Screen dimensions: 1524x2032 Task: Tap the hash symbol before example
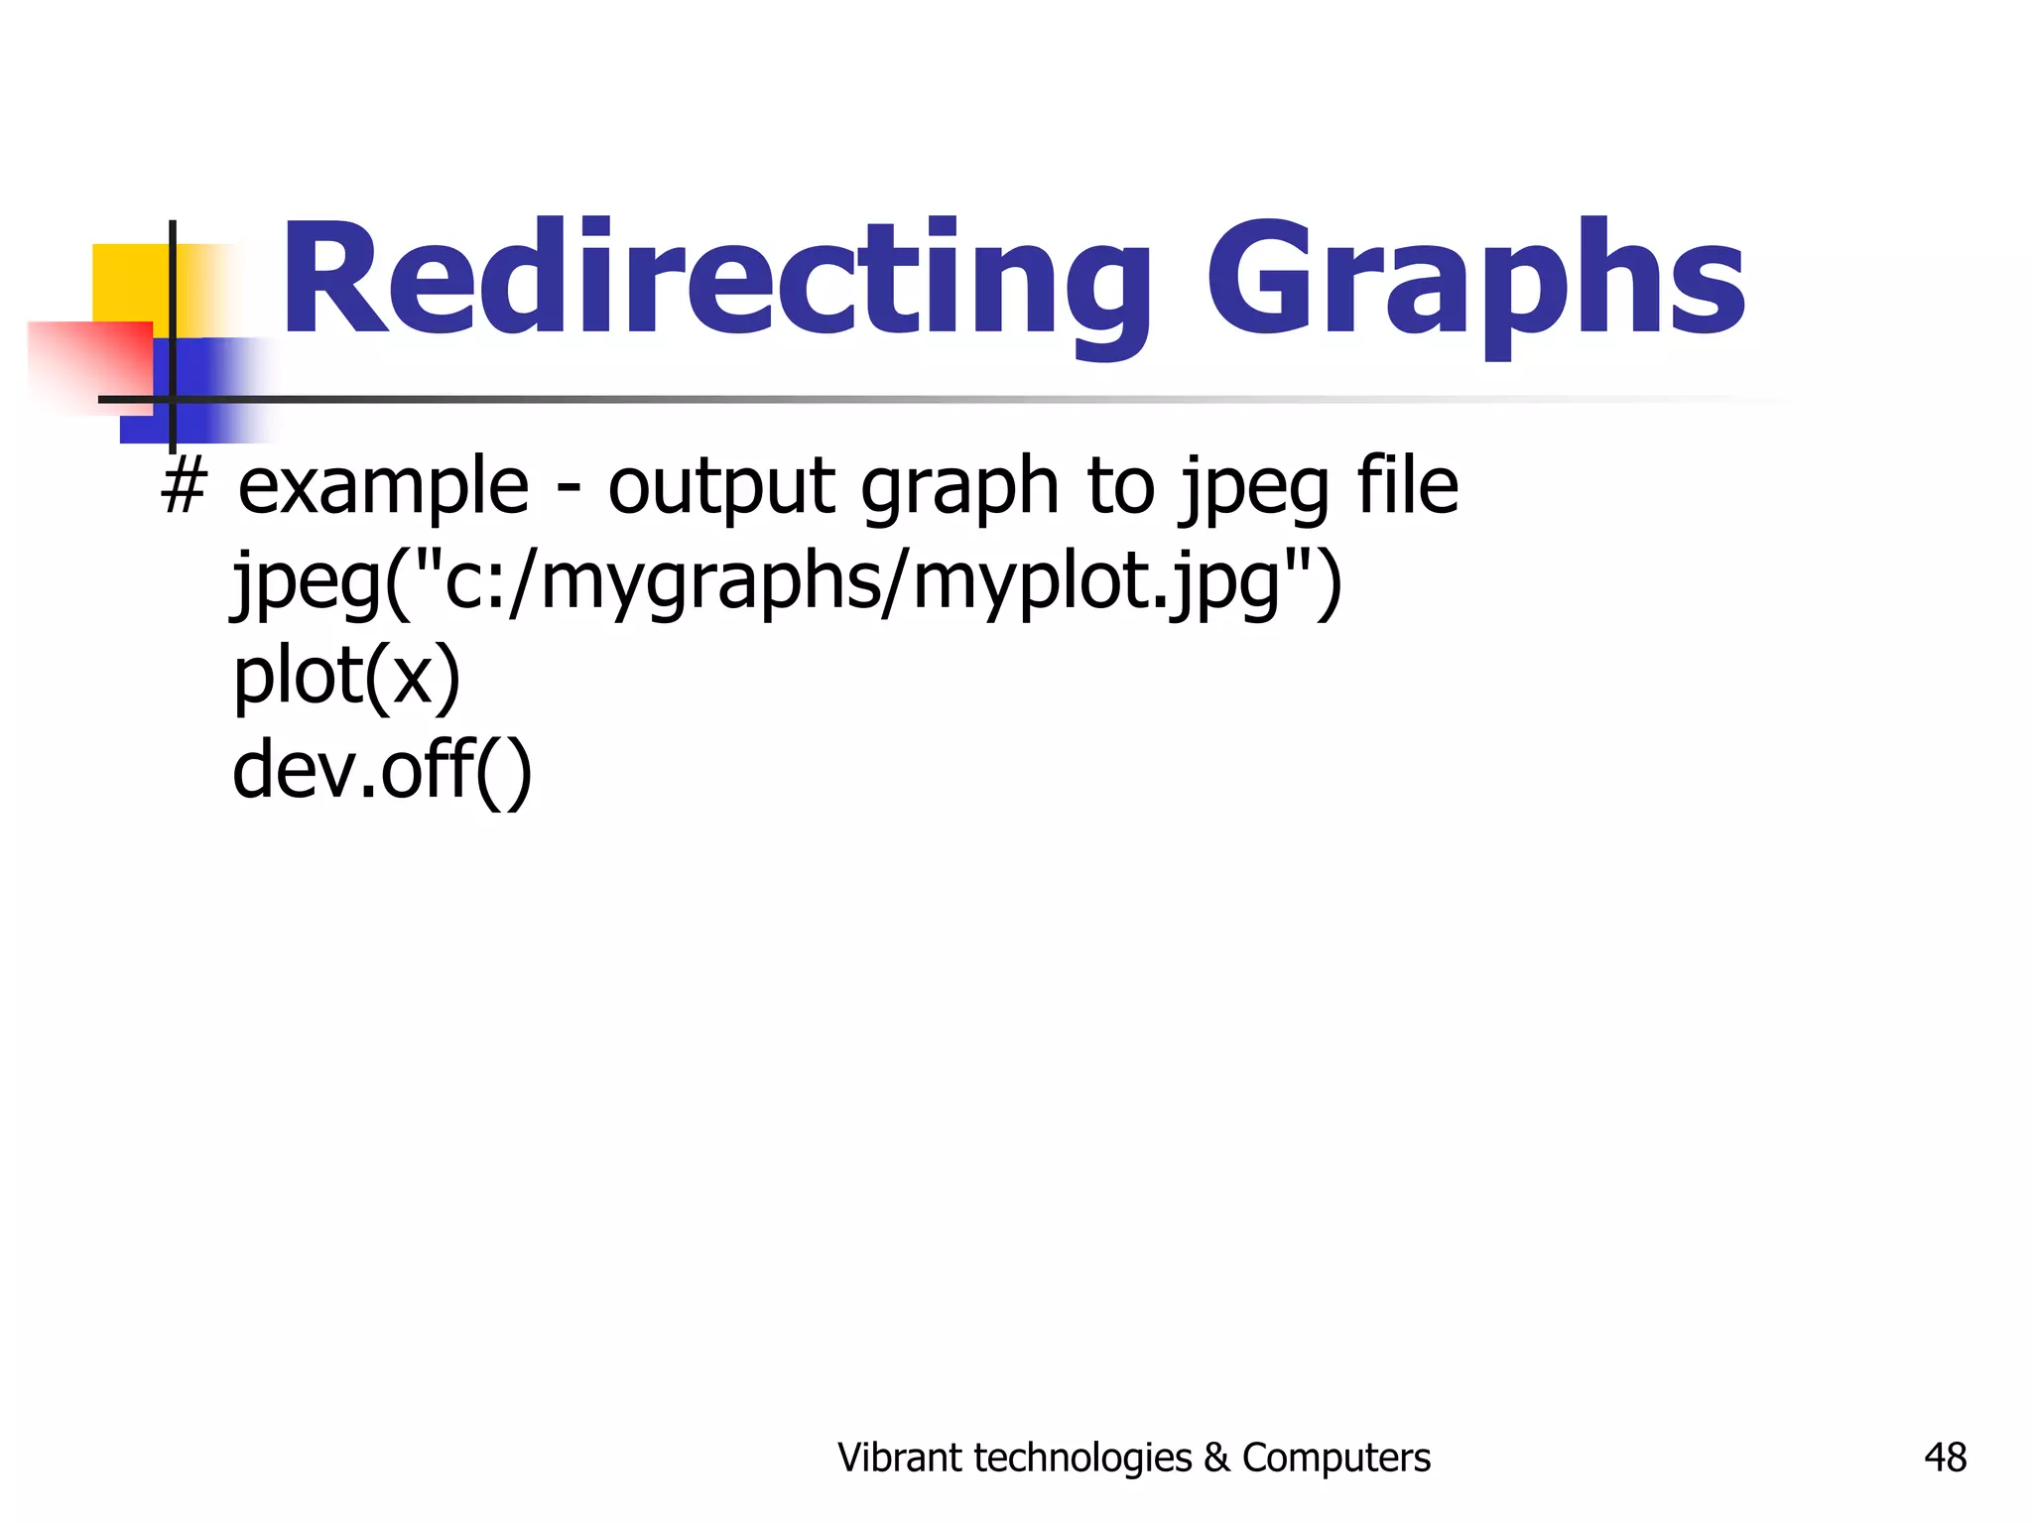coord(184,487)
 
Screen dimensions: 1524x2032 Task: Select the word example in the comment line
coord(383,487)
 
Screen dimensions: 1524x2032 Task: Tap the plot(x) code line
coord(346,678)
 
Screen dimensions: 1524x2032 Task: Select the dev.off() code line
coord(382,771)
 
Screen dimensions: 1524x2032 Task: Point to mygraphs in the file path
coord(710,583)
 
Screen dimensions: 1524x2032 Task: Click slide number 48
coord(1945,1458)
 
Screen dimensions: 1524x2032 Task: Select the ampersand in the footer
coord(1215,1458)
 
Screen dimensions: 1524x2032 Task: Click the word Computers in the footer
coord(1335,1458)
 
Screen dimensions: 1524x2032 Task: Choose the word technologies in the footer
coord(1083,1458)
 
